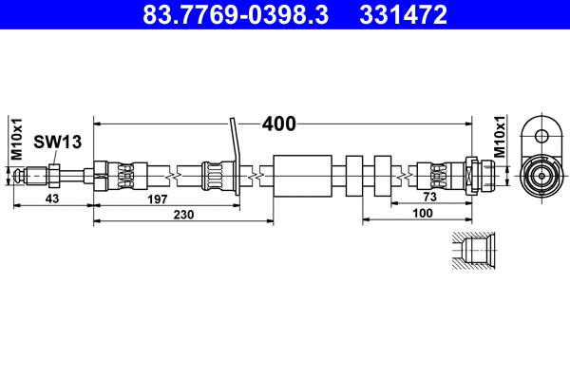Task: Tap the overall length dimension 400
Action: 279,123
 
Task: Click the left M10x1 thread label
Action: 16,139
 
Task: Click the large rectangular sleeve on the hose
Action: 303,175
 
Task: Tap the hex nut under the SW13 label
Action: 54,175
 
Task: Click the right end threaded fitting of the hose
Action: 480,175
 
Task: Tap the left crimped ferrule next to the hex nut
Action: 125,175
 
